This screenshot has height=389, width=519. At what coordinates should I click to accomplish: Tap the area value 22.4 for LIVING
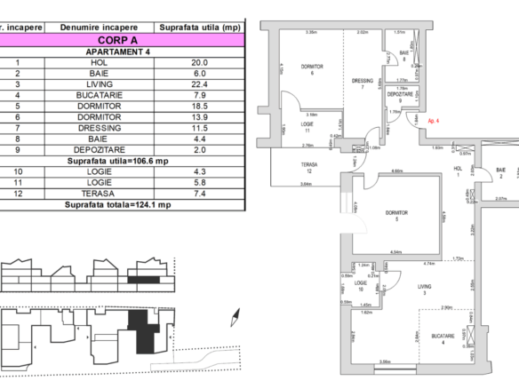pyautogui.click(x=200, y=83)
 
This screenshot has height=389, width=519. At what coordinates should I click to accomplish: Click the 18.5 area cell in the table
pyautogui.click(x=200, y=106)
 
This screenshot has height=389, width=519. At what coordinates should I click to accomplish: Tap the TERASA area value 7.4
pyautogui.click(x=200, y=194)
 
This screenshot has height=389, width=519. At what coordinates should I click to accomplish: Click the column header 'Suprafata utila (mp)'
pyautogui.click(x=200, y=28)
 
